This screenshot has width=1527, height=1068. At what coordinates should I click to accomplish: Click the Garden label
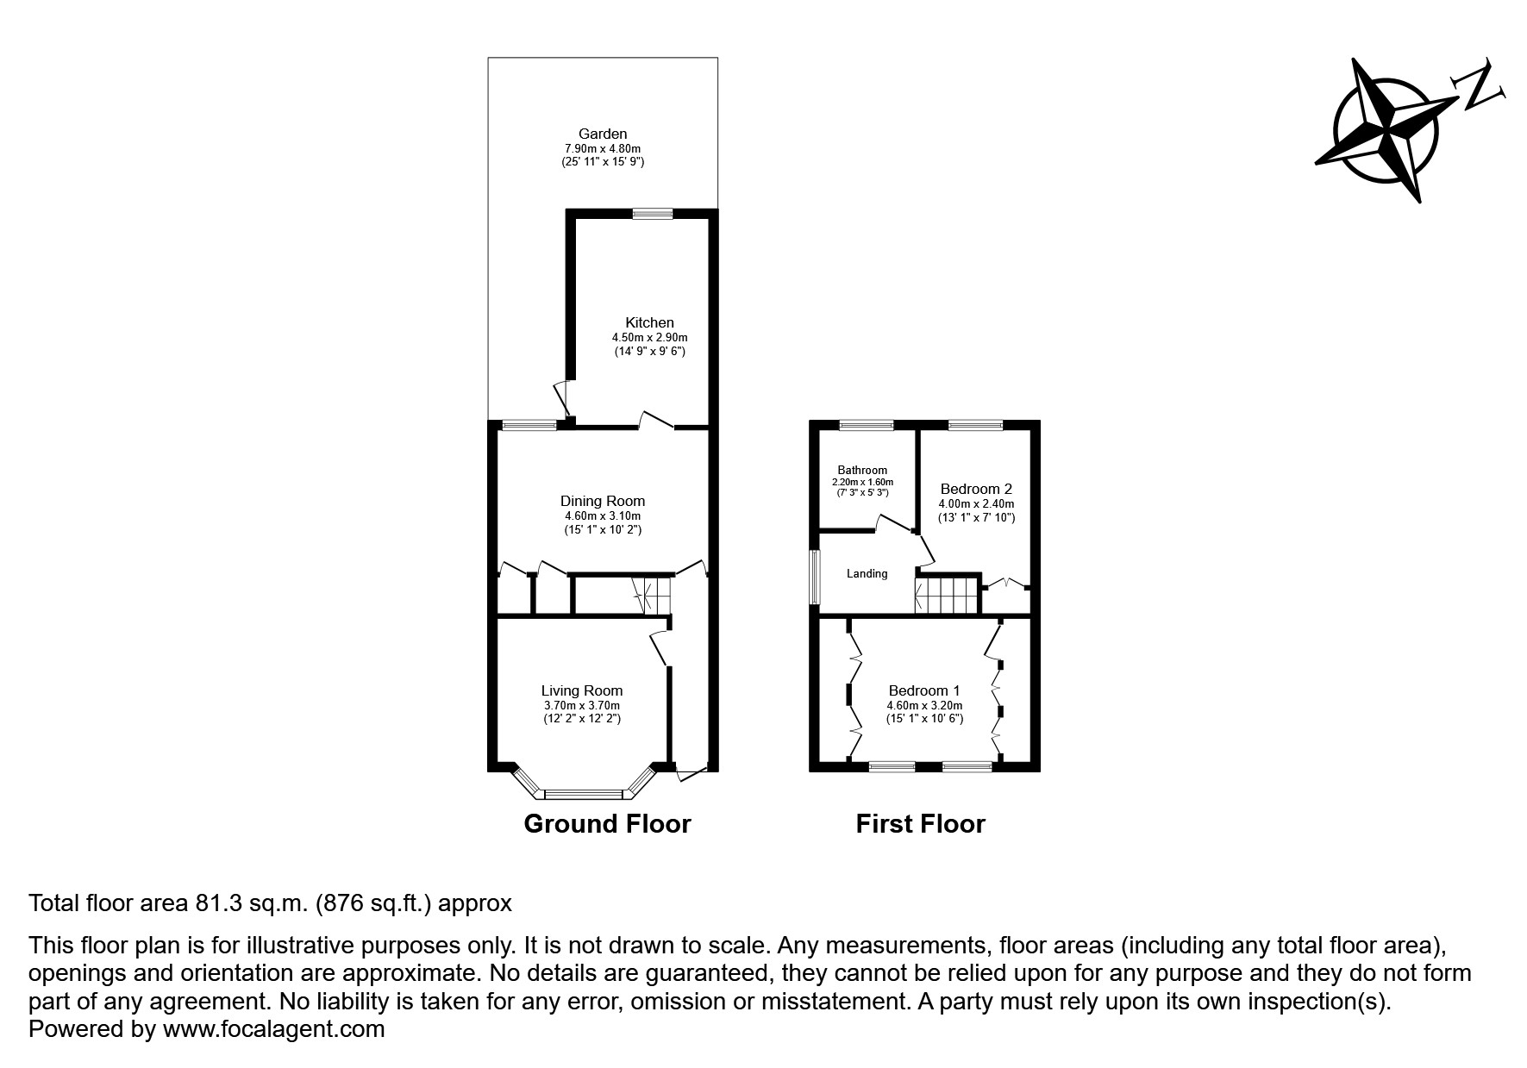[x=603, y=134]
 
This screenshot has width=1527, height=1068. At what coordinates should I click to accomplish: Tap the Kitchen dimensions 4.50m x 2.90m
[x=649, y=337]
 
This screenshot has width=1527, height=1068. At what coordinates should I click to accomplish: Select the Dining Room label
[x=603, y=501]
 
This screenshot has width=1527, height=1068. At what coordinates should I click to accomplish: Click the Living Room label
[x=582, y=690]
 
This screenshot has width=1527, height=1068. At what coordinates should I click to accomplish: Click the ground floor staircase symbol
[x=651, y=596]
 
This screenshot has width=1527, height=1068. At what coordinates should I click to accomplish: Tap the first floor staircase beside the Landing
[x=947, y=595]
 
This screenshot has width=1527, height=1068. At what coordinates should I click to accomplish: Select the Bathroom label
[x=862, y=470]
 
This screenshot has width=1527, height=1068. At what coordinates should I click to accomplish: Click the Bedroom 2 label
[x=976, y=488]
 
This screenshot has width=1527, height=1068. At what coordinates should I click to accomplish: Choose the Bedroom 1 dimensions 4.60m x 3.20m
[x=924, y=705]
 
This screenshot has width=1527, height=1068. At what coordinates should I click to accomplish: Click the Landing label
[x=867, y=573]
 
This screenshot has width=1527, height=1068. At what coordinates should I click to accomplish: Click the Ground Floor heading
[x=607, y=824]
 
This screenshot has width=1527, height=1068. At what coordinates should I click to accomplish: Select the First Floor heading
[x=920, y=824]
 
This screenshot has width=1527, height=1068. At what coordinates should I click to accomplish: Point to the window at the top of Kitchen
[x=652, y=214]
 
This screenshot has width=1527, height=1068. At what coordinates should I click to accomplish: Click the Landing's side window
[x=814, y=577]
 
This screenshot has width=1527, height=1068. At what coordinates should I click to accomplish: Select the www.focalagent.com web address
[x=273, y=1029]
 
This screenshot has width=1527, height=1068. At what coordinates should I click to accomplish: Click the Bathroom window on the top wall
[x=867, y=424]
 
